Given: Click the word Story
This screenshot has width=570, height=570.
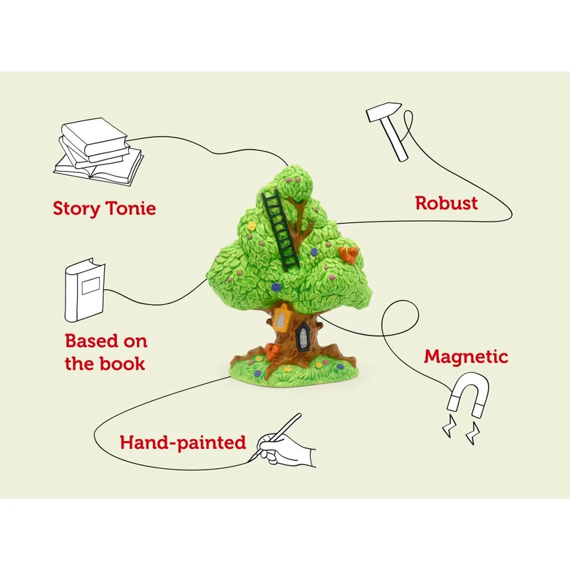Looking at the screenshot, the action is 76,209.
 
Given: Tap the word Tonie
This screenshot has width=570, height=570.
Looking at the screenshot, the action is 130,208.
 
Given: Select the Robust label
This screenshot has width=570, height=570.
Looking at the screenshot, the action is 447,203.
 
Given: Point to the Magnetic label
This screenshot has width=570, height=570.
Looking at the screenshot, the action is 466,357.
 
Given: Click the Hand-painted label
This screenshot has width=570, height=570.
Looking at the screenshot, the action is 183,443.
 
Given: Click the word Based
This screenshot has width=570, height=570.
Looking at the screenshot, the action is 91,341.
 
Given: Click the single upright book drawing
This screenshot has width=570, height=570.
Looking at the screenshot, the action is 85,290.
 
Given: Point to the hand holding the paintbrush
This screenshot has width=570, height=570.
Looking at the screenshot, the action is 286,448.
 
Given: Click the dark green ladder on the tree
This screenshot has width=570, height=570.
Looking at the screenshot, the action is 281,228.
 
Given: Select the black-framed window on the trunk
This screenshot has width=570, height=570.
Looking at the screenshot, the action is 301,336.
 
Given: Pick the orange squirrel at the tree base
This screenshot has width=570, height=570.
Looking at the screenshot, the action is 272,352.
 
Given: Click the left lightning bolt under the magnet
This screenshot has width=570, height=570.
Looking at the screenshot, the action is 450,425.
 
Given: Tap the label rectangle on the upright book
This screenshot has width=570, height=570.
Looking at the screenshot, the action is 90,286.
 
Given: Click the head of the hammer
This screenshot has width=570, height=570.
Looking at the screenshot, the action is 384,111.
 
